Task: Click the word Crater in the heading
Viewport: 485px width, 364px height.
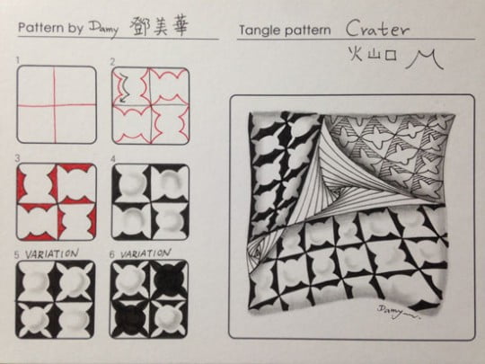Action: coord(377,28)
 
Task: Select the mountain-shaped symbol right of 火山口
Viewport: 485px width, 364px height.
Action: coord(420,60)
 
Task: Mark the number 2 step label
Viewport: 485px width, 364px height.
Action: coord(112,60)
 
